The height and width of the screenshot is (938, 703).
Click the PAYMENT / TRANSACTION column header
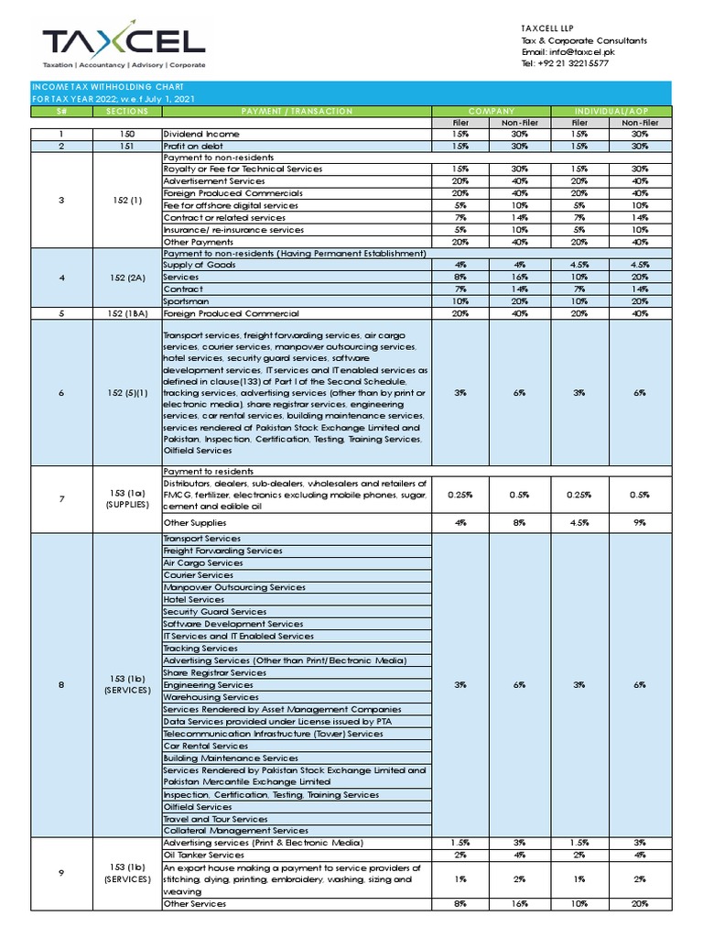click(297, 111)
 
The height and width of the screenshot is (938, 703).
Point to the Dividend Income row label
click(200, 134)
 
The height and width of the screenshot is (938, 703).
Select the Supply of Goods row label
click(199, 265)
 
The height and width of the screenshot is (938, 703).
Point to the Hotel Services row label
click(193, 599)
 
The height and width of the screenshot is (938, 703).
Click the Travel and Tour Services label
click(215, 819)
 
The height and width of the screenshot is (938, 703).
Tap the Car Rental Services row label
click(205, 746)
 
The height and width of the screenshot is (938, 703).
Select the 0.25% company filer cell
click(460, 495)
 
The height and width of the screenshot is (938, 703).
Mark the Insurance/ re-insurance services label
click(233, 230)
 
